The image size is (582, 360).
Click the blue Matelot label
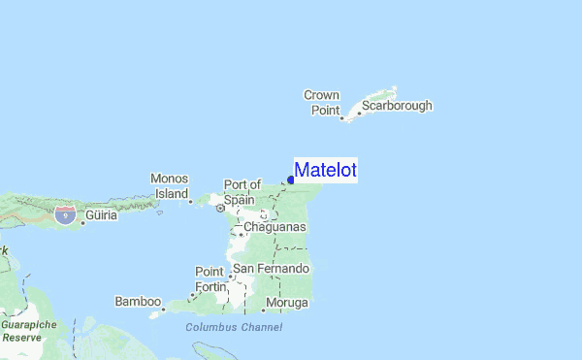click(326, 171)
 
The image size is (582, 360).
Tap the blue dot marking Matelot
click(291, 179)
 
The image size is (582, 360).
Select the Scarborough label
click(397, 106)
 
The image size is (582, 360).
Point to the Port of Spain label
click(242, 191)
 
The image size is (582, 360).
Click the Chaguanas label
click(275, 227)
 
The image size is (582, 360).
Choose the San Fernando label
click(271, 268)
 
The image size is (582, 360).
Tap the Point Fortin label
click(210, 279)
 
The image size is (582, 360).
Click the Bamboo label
click(137, 302)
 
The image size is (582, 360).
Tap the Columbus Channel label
click(234, 328)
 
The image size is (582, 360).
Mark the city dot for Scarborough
click(359, 113)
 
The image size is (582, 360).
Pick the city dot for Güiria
click(83, 222)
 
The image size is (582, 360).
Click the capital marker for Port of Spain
click(220, 208)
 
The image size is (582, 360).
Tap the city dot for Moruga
click(263, 311)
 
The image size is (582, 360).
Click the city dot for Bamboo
click(164, 311)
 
